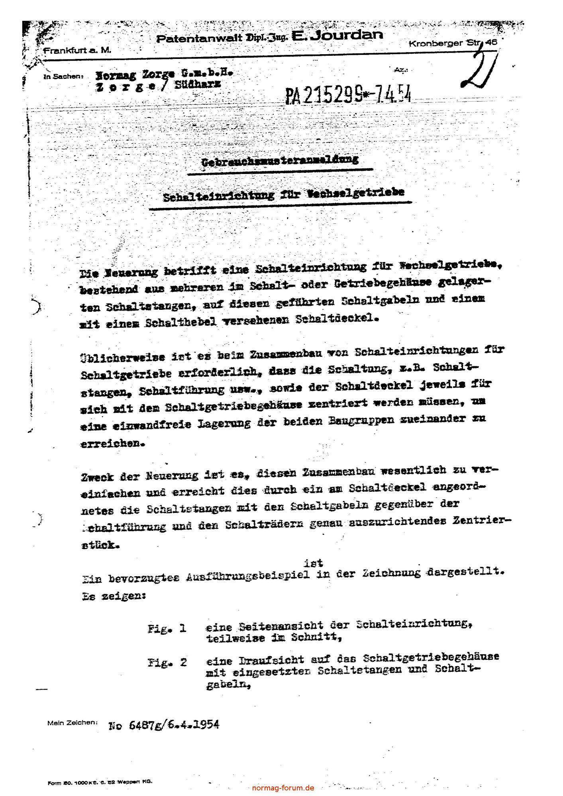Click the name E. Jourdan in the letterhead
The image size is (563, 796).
pos(337,36)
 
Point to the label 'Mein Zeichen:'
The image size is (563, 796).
pos(72,722)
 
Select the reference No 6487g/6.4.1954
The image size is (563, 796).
pos(164,724)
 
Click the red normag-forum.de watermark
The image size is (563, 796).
pos(283,788)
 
